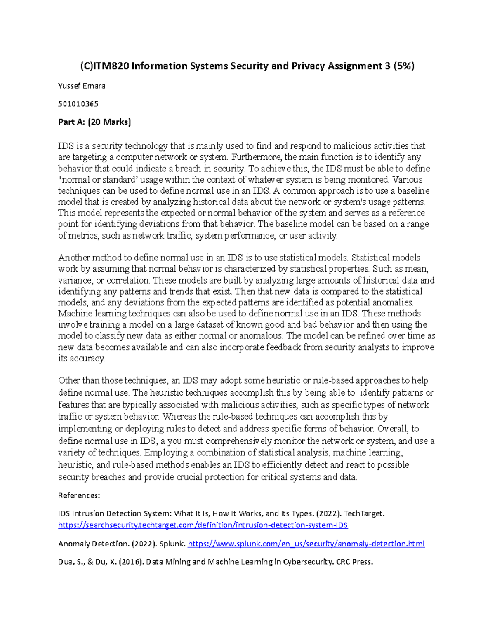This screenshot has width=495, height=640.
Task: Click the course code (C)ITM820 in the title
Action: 104,66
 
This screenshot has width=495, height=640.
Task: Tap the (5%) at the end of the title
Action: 404,66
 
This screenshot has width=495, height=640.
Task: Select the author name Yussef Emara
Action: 82,86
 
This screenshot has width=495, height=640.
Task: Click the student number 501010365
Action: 78,104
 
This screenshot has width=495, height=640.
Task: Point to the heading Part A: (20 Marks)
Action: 94,122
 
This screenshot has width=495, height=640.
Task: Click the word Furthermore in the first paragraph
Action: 256,157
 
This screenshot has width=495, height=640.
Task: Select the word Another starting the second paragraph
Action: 73,258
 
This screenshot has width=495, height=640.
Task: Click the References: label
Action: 79,495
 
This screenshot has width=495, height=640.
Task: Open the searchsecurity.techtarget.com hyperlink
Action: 203,525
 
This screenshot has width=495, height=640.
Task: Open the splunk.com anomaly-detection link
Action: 306,544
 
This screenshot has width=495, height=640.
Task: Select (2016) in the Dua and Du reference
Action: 131,562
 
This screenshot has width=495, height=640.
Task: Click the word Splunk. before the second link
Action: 172,544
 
